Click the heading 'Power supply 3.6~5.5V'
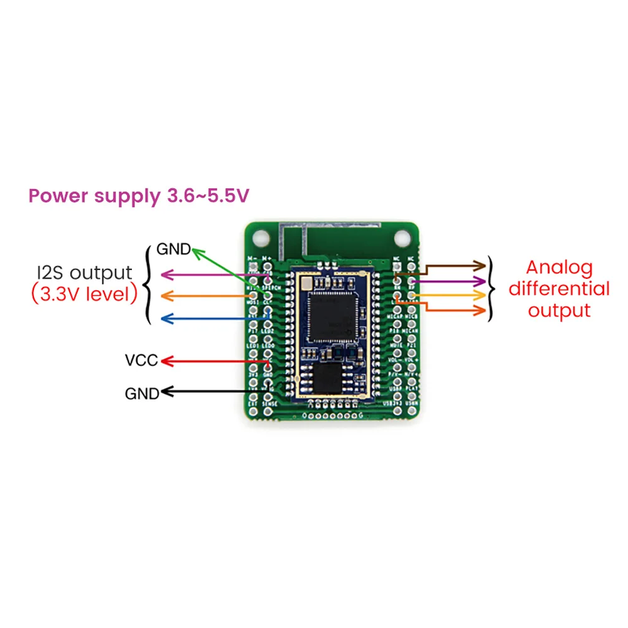(x=139, y=196)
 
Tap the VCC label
(x=141, y=361)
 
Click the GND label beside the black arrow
(x=141, y=394)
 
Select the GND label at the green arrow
(x=173, y=249)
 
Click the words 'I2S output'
(x=84, y=273)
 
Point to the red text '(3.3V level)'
(x=84, y=294)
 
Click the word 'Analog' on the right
(x=559, y=268)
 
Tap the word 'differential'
(x=559, y=289)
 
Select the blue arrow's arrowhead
(x=166, y=318)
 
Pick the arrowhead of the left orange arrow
(x=166, y=295)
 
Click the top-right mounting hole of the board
(x=399, y=239)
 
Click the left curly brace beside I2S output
(x=148, y=284)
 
